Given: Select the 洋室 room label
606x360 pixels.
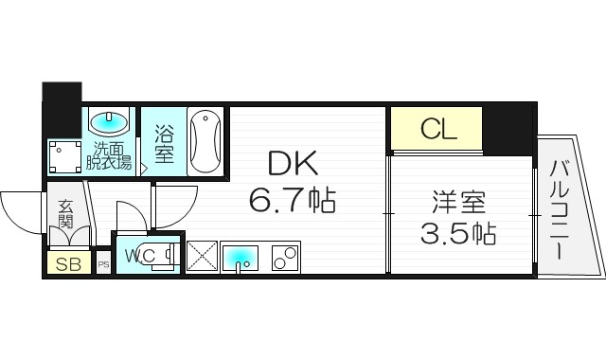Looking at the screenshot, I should (459, 201).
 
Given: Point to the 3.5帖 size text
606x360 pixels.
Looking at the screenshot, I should (459, 231).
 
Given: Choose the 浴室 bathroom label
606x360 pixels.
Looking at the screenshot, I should (165, 144).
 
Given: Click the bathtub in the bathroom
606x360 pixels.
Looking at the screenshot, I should (205, 142).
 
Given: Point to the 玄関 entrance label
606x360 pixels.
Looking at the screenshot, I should (66, 213).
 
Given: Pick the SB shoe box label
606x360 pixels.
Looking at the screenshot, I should (67, 263).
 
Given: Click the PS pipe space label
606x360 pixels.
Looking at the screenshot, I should (103, 264).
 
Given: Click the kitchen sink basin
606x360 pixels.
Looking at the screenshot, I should (241, 255).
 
